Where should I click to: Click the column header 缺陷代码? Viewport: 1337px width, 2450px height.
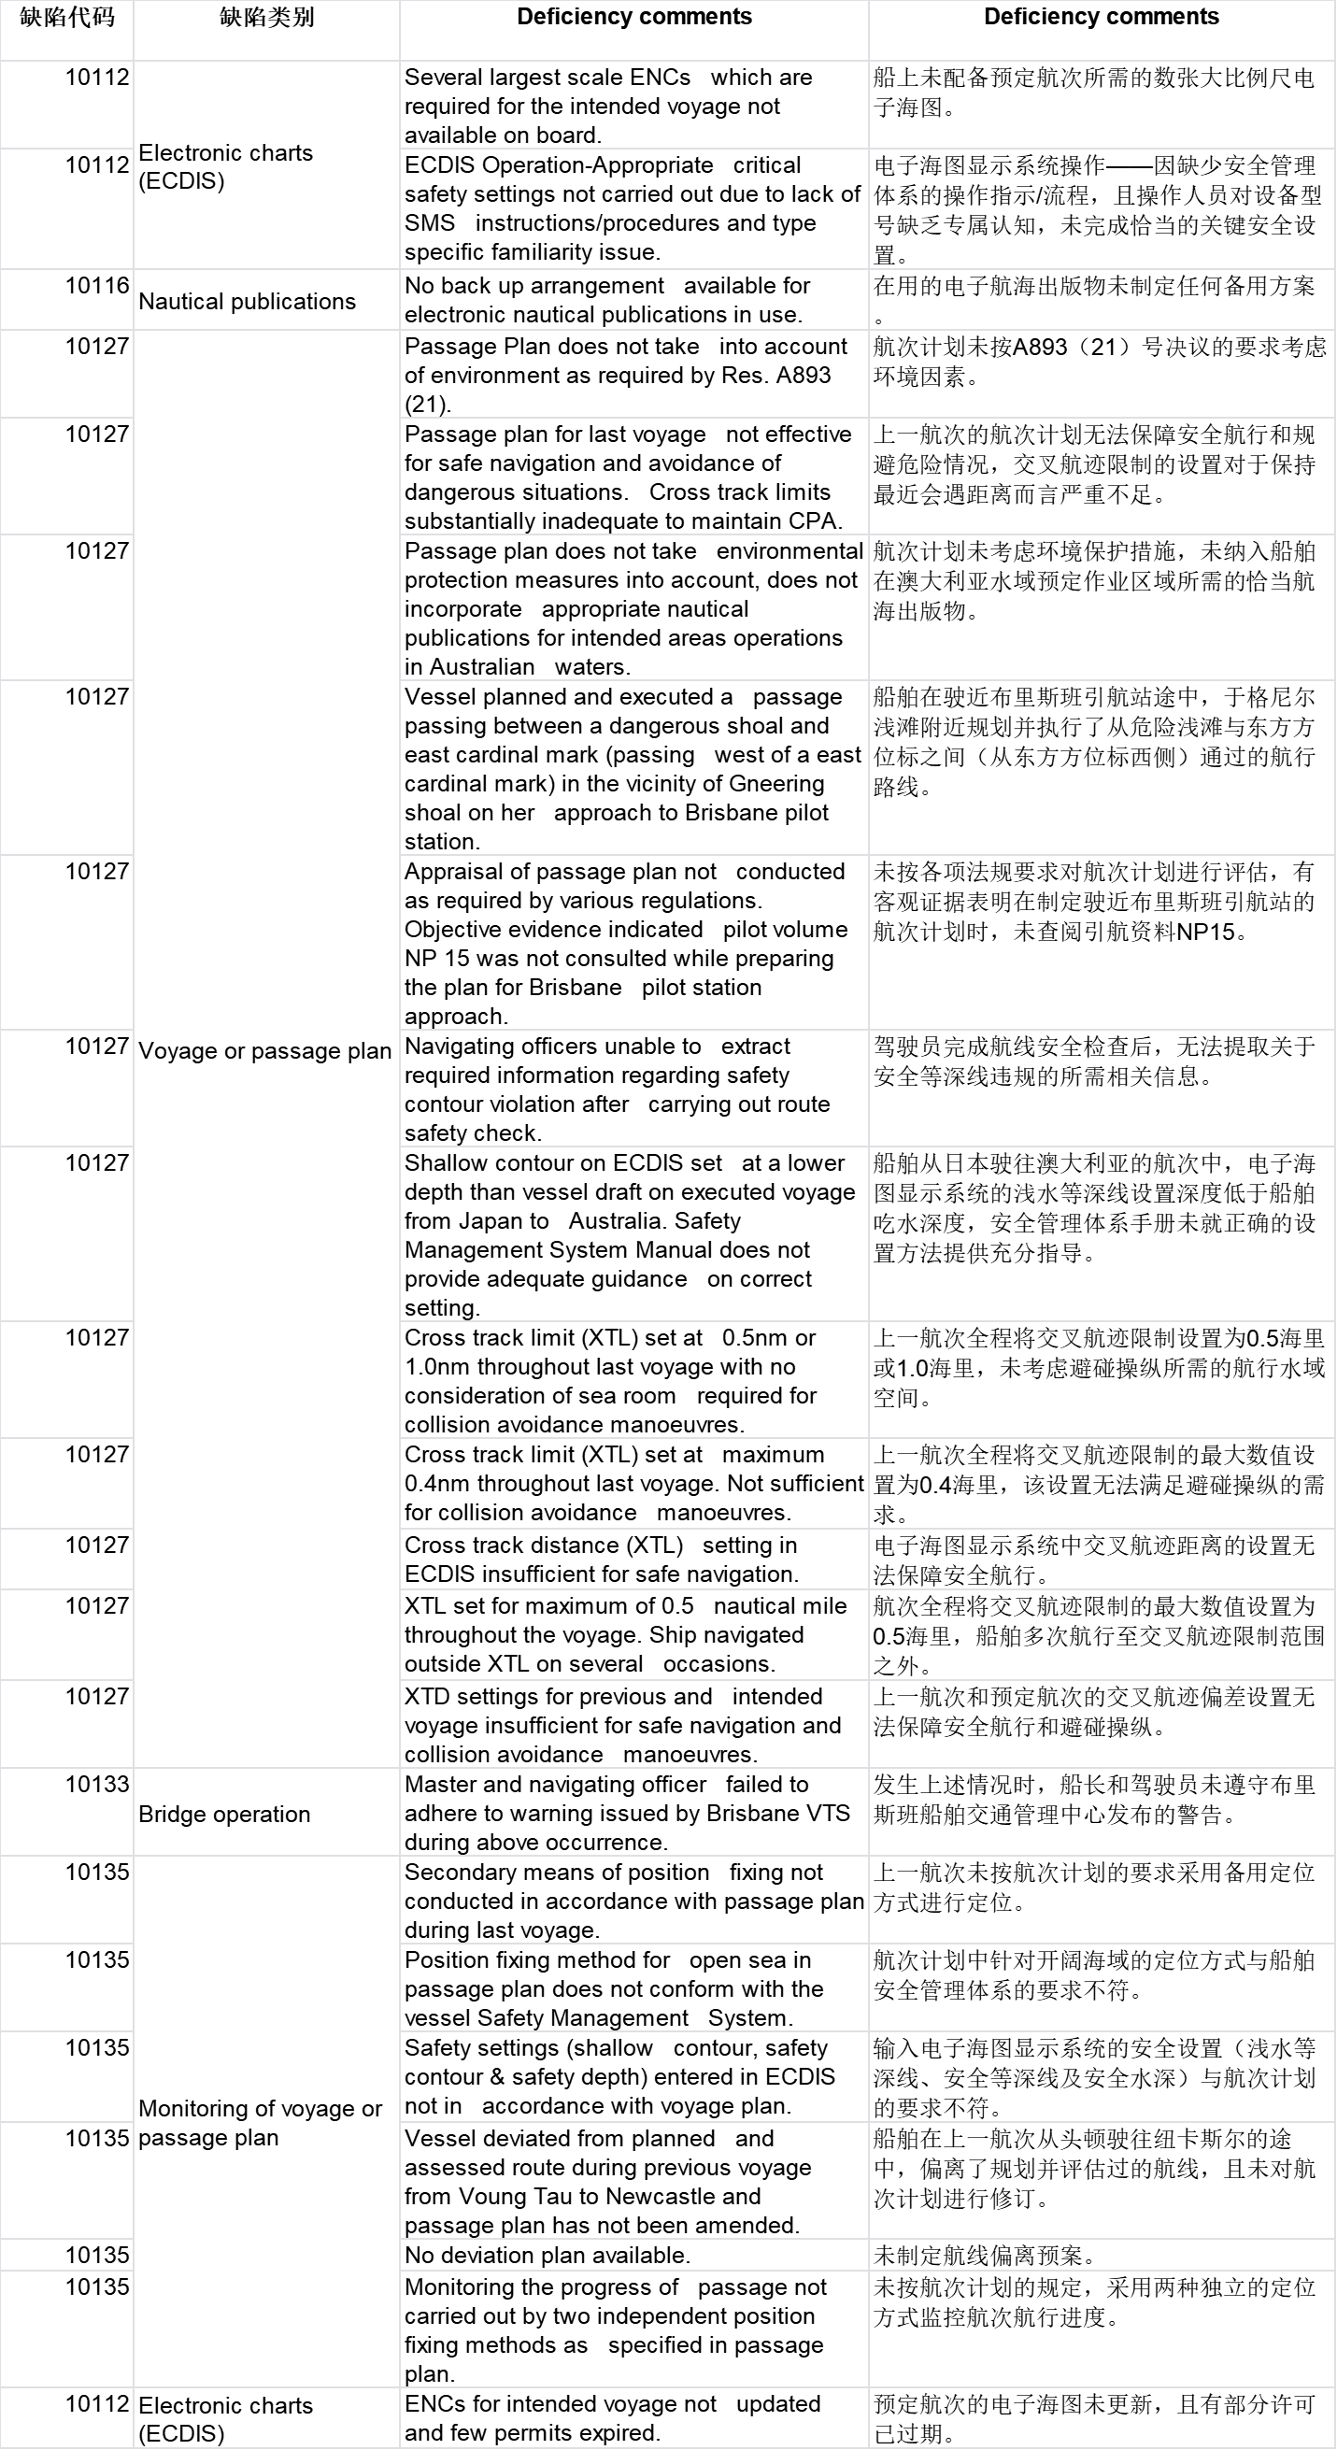point(66,18)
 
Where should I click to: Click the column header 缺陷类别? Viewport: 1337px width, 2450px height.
point(266,18)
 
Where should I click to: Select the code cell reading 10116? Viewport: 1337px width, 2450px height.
point(97,285)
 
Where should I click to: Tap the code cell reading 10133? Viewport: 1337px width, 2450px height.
point(97,1785)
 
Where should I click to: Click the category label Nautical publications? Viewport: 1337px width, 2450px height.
point(248,302)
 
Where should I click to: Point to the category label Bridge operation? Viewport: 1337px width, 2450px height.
point(224,1814)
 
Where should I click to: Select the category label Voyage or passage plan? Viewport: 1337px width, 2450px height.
point(265,1051)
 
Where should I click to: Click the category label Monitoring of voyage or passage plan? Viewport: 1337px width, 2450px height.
point(261,2123)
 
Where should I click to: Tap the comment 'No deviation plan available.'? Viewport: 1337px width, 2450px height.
point(547,2255)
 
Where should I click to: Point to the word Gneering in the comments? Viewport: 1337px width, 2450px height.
point(777,784)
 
